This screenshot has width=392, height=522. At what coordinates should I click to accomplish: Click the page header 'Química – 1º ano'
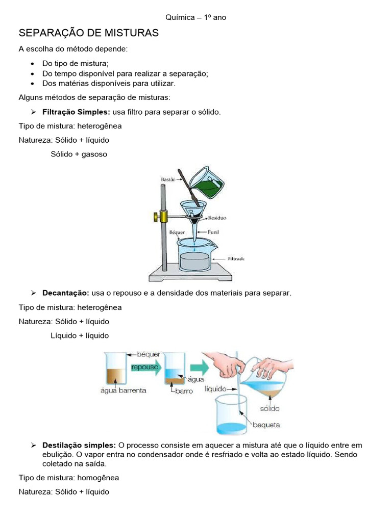(195, 17)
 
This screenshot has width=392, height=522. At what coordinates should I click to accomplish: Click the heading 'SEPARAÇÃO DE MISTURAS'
(89, 33)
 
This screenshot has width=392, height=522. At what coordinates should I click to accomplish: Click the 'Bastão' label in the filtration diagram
(168, 179)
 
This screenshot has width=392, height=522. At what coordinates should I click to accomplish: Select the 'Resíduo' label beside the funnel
(217, 218)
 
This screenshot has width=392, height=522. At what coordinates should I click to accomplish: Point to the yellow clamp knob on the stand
(154, 218)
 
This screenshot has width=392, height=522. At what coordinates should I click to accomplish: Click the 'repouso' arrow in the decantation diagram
(145, 367)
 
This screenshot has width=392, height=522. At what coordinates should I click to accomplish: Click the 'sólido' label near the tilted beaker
(269, 408)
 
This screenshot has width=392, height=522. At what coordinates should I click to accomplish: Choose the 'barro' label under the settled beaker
(183, 391)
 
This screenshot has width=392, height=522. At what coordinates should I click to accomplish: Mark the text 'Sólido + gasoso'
(79, 153)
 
